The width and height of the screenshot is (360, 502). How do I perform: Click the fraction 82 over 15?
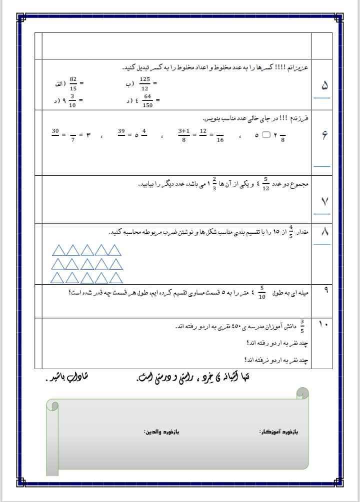73,83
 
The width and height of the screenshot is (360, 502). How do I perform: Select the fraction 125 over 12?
144,83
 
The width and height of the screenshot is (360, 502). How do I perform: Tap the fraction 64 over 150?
147,100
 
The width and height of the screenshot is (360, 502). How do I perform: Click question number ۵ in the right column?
324,85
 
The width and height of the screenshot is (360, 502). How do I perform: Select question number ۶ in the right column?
324,134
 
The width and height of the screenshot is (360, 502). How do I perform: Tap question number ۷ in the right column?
324,201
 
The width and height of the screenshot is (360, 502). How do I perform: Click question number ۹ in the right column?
326,290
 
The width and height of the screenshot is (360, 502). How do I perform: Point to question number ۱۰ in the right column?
323,325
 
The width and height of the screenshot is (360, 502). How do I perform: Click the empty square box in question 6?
266,135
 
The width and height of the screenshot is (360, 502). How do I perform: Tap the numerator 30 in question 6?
55,131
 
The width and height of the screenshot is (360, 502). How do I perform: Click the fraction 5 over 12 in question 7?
266,184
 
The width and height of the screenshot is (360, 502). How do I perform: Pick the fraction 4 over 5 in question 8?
290,233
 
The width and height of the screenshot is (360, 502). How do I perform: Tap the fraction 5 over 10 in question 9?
262,293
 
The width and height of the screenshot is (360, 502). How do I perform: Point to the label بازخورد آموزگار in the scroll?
278,432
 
